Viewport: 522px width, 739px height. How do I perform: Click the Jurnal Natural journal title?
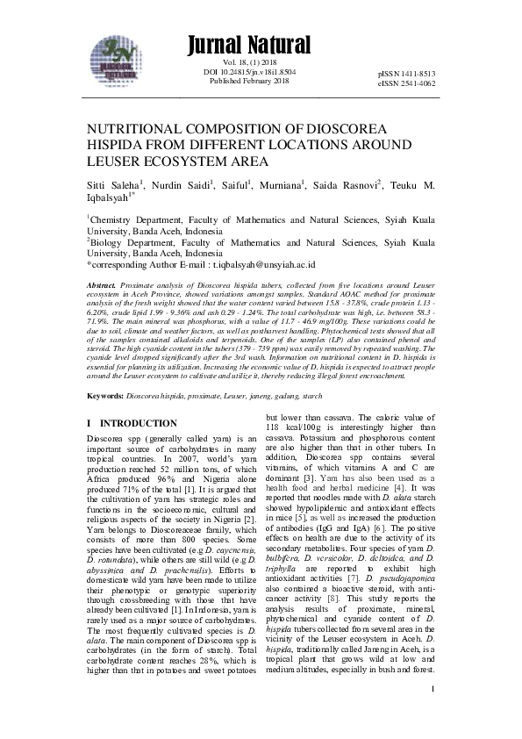tap(248, 45)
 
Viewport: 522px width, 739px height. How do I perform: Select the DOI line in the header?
tap(249, 72)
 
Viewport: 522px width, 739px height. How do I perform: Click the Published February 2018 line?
tap(249, 81)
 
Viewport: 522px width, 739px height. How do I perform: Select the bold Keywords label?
tap(104, 396)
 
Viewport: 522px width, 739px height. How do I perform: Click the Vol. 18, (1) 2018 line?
tap(249, 63)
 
